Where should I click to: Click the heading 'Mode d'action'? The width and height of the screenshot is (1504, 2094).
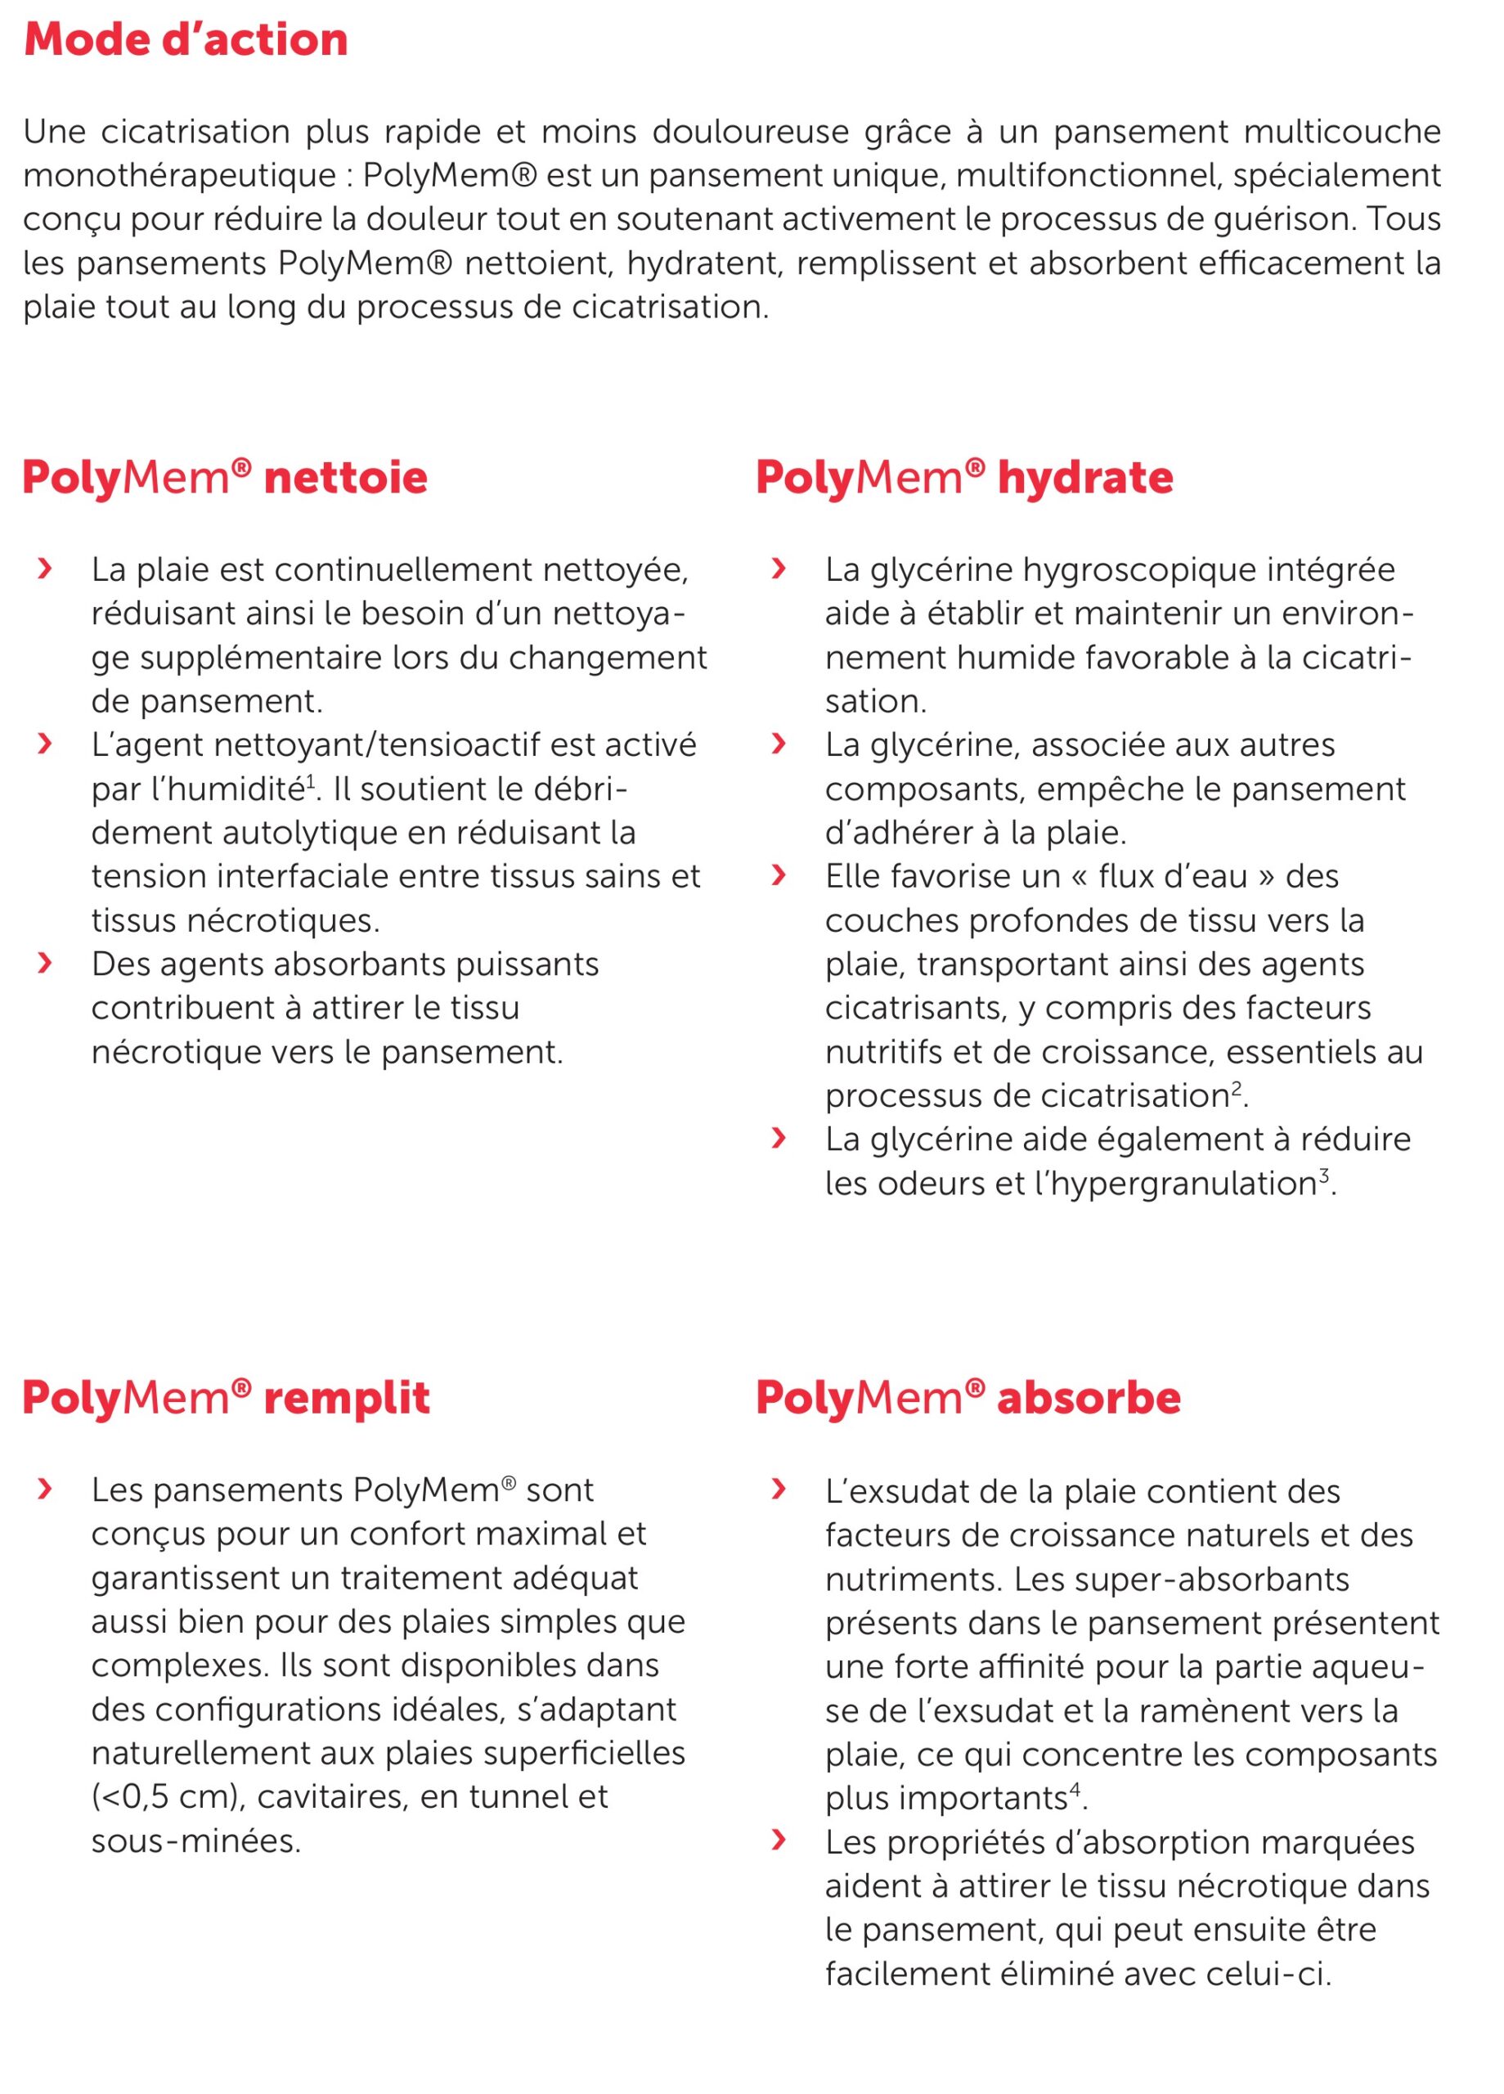(186, 40)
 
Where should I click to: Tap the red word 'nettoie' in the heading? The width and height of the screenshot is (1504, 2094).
(345, 479)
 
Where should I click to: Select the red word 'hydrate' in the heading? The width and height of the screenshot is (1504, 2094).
(1084, 479)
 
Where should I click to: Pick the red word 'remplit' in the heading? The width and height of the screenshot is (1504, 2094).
(346, 1398)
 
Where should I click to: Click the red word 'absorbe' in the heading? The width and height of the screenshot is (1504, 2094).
(1089, 1398)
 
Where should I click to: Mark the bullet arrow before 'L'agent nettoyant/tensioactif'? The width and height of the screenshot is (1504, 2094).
(43, 744)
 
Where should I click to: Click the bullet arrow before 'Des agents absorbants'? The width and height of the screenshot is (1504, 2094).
(43, 964)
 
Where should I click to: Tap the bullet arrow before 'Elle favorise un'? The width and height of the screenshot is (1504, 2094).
(779, 875)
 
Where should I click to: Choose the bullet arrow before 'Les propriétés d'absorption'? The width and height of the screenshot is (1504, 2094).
(779, 1841)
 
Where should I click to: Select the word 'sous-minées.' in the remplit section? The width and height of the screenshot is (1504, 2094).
(195, 1841)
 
